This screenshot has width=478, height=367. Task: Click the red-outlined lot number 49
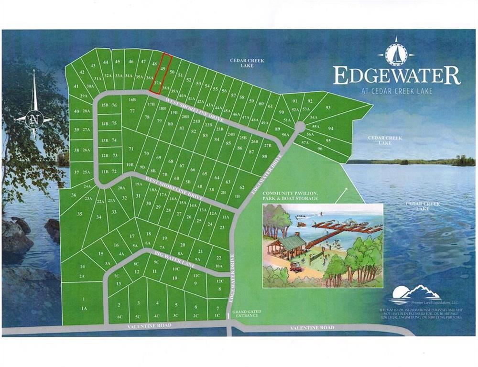pos(163,69)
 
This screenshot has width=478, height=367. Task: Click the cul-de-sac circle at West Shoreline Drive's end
pos(299,127)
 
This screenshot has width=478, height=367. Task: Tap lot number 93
pos(328,108)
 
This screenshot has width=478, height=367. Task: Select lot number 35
pos(79,214)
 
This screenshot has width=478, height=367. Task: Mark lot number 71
pos(130,149)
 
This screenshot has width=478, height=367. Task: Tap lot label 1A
pos(84,309)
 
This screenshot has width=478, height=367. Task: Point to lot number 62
pos(242,187)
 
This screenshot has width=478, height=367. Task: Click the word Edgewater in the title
pos(396,76)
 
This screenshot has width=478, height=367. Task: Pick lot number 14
pos(82,266)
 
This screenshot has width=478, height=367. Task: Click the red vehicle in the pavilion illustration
pos(295,267)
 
